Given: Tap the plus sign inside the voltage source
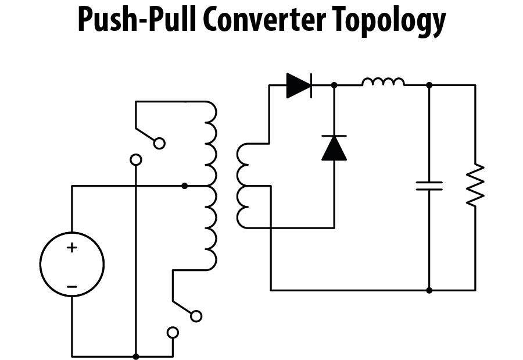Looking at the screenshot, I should pos(71,248).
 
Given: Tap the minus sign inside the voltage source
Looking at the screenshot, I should pos(71,286).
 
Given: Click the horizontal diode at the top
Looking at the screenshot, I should pos(299,85).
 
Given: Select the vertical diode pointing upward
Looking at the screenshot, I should pos(334,148).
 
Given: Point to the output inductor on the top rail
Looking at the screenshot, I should pos(384,82).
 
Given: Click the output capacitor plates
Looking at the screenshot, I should pos(429,186).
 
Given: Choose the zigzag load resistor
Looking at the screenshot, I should pos(475,185).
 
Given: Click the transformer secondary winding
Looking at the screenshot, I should pos(242,186).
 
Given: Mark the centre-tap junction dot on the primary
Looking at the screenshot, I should pos(185,186).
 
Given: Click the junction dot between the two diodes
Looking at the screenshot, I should pos(334,85).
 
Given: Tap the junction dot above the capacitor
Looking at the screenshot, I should pos(429,85).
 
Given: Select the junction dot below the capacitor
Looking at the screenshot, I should pos(429,290).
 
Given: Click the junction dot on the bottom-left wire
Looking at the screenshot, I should pos(135,357).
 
